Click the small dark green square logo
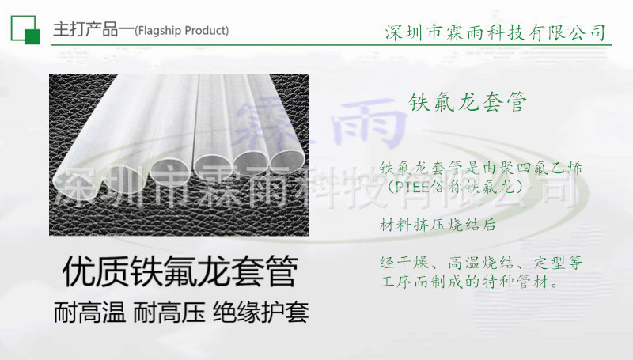click(32, 36)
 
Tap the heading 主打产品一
click(92, 31)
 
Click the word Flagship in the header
click(160, 32)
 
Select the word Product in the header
click(206, 32)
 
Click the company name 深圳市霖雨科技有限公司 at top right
click(495, 32)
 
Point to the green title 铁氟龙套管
click(468, 102)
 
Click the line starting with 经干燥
click(481, 262)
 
